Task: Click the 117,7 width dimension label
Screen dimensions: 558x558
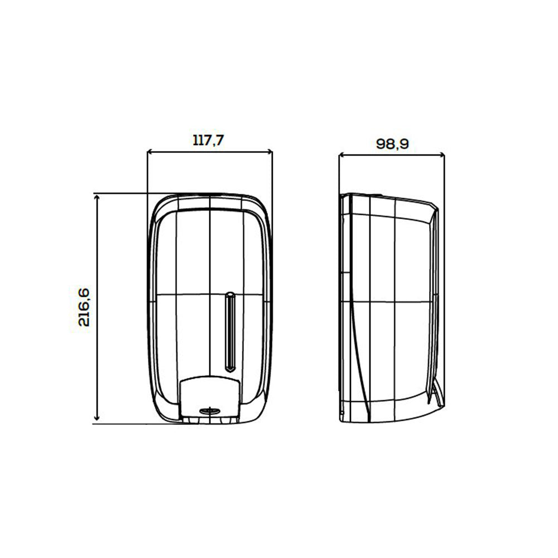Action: point(208,140)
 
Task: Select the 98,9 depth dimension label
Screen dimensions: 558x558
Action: point(392,144)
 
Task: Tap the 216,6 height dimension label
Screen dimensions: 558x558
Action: point(84,307)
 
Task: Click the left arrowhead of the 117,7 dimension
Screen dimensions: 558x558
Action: point(150,152)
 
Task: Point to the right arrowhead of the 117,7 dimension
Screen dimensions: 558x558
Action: point(270,152)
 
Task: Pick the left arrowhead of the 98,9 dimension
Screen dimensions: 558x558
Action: point(341,155)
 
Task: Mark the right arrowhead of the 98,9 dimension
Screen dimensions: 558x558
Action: point(441,155)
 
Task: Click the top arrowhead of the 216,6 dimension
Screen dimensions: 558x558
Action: point(97,197)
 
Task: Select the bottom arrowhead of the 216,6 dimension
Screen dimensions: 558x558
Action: point(97,418)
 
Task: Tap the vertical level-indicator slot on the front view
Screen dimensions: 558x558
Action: point(230,332)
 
